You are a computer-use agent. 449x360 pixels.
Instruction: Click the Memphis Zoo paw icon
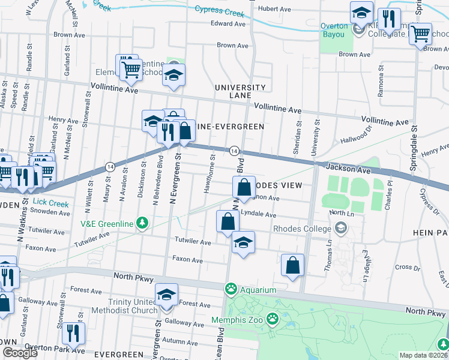coord(273,317)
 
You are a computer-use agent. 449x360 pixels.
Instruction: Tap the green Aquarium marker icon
coord(231,290)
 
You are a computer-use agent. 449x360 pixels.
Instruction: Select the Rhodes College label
coord(302,229)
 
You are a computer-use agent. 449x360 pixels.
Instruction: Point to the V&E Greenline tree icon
coord(142,223)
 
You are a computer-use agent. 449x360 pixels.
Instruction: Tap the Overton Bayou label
coord(334,30)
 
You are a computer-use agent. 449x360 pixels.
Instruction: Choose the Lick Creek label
coord(52,203)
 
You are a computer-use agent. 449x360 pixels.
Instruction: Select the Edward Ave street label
coord(228,24)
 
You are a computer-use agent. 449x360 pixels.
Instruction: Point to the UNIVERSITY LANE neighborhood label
coord(240,91)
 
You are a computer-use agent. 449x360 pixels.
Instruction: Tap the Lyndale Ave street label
coord(258,214)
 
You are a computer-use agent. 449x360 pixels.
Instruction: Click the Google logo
coord(20,353)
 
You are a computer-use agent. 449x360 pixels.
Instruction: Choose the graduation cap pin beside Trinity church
coord(167,295)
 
